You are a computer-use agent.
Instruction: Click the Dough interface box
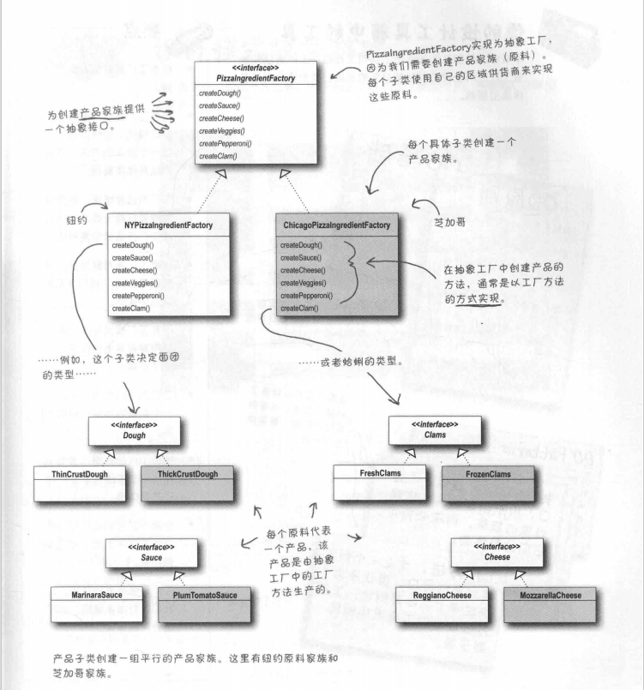coord(133,430)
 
